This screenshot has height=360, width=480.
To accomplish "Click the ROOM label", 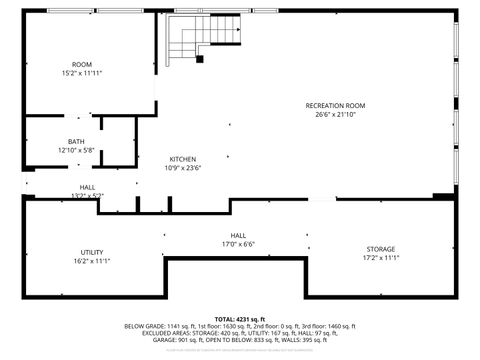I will pos(81,64).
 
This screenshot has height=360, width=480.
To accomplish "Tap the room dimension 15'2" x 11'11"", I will pos(81,73).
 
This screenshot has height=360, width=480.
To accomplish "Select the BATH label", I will pos(76,141).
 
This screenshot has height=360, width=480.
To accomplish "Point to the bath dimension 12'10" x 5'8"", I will pos(76,150).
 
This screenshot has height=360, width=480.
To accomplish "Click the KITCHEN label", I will pos(182,159).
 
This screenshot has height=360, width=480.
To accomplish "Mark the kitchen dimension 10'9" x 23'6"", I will pos(182,168).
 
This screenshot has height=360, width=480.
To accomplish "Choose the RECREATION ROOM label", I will pos(335,105).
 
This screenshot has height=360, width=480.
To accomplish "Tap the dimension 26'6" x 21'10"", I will pos(335,114).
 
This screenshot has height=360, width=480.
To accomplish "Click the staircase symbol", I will pos(189,37).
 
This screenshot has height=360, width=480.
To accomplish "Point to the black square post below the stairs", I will pos(200,59).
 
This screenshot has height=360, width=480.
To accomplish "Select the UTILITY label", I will pos(92,252).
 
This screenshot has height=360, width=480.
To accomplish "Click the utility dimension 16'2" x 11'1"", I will pos(92,261).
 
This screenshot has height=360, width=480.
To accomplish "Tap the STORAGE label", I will pos(380,249).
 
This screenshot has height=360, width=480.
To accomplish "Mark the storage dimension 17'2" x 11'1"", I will pos(380,258).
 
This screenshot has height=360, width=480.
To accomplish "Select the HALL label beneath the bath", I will pos(87,187).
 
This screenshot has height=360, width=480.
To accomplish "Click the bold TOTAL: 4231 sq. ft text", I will pos(240,318).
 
